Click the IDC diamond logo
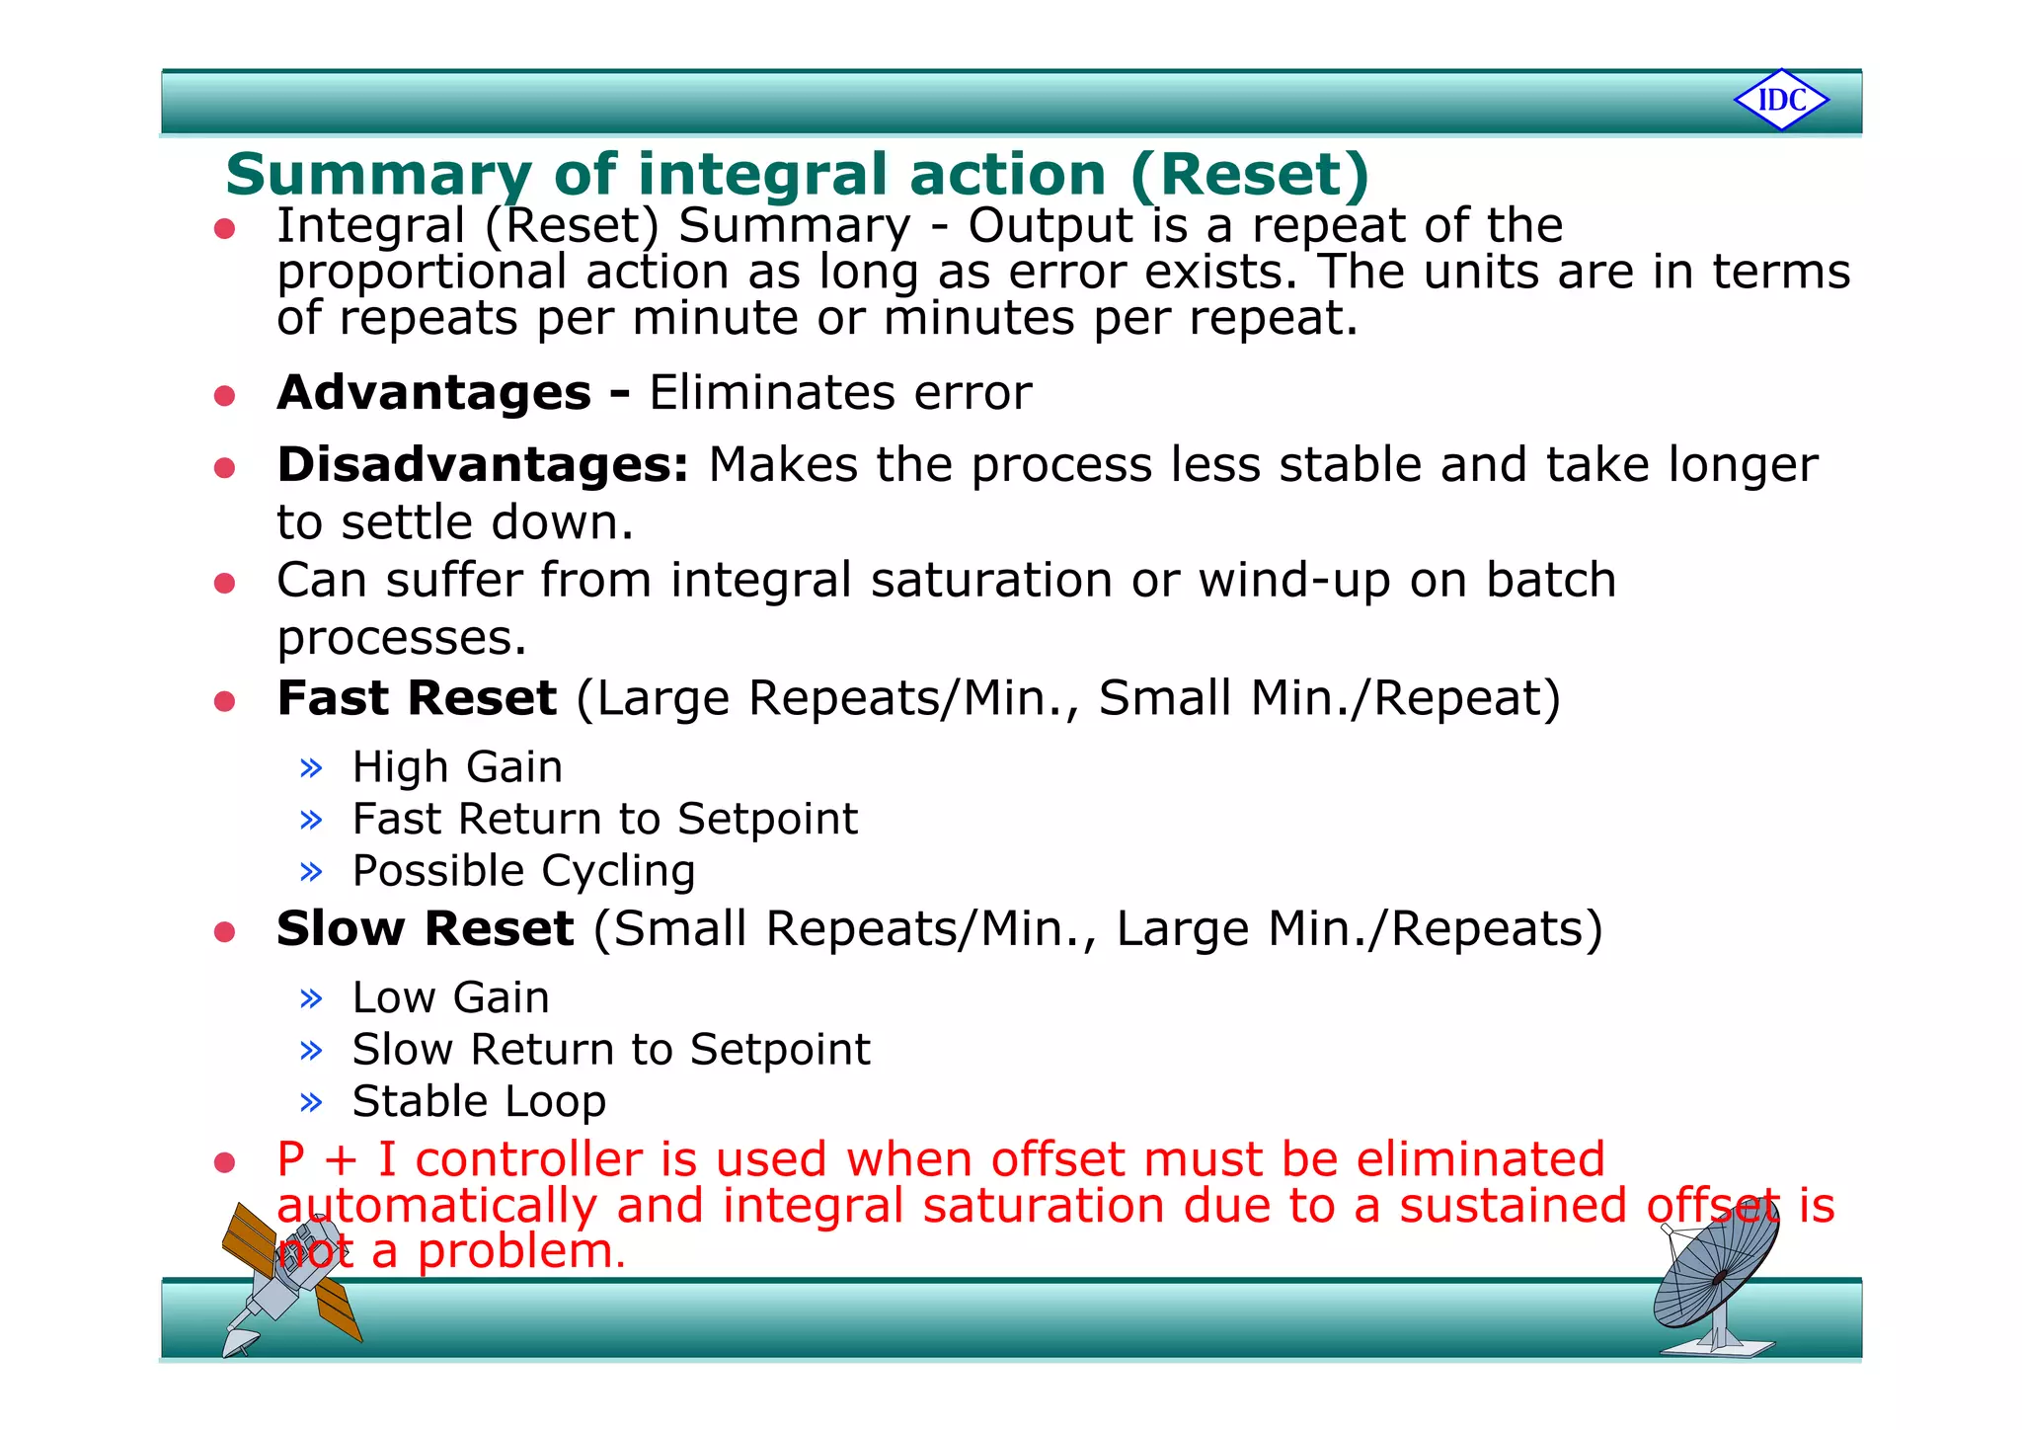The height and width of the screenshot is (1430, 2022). pos(1781,100)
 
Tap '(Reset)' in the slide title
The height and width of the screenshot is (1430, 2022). pos(1250,175)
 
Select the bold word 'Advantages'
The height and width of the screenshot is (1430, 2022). pos(433,393)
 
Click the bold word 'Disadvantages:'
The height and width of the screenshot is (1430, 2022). pos(482,465)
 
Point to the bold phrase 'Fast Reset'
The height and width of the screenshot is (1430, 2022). pos(417,698)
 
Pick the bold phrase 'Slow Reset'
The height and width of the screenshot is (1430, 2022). pos(425,929)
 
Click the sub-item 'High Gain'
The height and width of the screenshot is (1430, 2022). pos(457,767)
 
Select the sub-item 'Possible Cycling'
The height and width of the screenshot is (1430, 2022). pos(523,871)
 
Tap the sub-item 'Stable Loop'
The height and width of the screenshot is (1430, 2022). pos(479,1101)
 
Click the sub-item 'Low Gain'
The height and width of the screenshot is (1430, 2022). pos(450,997)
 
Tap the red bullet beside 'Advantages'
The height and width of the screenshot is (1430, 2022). pos(225,396)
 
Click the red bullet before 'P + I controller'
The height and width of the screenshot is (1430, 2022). pos(225,1162)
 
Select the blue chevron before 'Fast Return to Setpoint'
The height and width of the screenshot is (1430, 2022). pos(311,820)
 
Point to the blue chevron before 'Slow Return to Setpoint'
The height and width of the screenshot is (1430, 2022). pos(311,1050)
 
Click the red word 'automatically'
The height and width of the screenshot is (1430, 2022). pos(436,1206)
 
